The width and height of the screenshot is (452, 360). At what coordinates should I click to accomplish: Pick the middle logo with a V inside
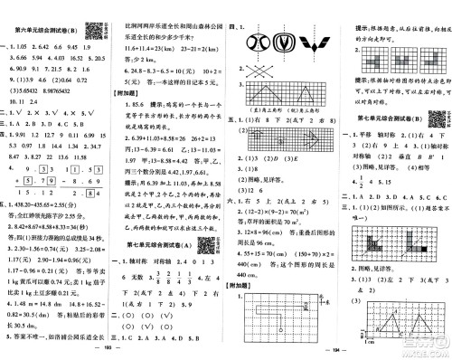(x=285, y=42)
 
